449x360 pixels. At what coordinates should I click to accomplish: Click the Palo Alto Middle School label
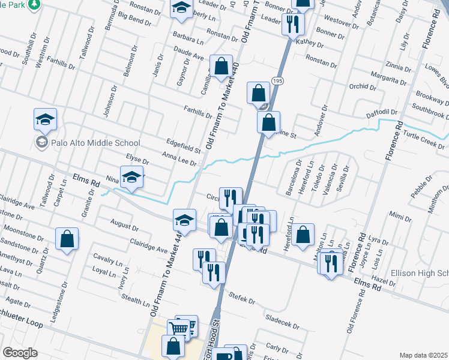[x=88, y=143]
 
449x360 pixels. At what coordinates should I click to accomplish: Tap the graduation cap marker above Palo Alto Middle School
[x=45, y=120]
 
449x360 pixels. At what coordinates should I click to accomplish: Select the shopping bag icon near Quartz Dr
[x=67, y=238]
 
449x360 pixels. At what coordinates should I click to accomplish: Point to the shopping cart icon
[x=179, y=329]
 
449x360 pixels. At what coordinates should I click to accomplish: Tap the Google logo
[x=20, y=352]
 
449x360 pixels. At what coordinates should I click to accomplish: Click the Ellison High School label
[x=420, y=273]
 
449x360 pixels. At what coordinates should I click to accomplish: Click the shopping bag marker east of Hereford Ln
[x=304, y=235]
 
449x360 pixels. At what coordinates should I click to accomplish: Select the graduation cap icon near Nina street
[x=132, y=178]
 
